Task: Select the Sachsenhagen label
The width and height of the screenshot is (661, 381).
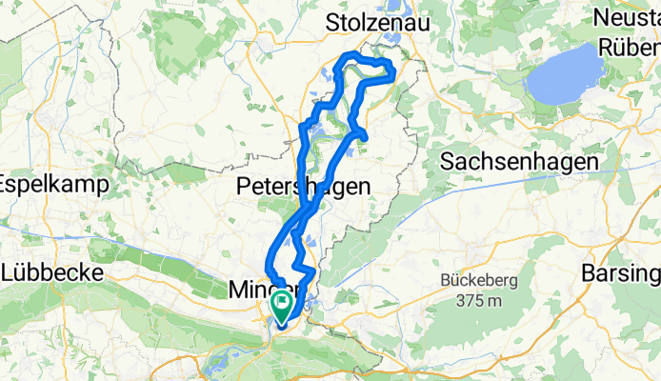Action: [x=519, y=163]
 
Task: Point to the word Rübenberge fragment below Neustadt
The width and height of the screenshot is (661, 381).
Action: [x=629, y=46]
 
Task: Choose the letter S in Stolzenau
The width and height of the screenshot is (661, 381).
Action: [x=333, y=22]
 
